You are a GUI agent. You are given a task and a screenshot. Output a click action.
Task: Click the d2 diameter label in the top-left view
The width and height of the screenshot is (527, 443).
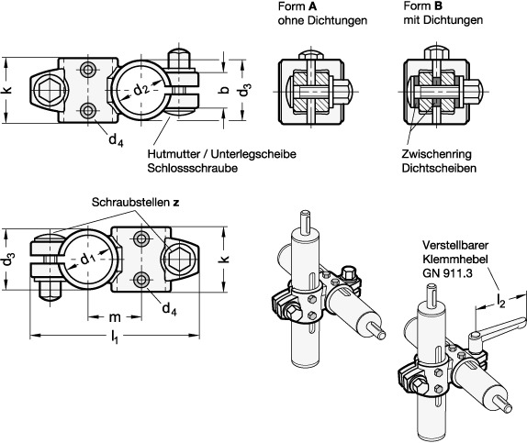[141, 91]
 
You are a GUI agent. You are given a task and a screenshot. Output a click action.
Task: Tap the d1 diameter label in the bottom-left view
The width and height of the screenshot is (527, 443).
[88, 259]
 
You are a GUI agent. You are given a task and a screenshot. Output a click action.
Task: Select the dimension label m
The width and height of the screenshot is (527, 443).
[115, 316]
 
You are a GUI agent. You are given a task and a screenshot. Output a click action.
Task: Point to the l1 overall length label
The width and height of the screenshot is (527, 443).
[115, 337]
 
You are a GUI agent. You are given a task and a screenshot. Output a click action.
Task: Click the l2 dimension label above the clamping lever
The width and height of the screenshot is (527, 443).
[501, 301]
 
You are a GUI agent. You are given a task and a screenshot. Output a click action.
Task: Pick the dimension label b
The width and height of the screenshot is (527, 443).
[225, 90]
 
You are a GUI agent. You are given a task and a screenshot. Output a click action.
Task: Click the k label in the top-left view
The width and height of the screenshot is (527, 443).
[6, 89]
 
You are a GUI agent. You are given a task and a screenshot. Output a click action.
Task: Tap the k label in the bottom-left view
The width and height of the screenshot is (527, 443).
[225, 259]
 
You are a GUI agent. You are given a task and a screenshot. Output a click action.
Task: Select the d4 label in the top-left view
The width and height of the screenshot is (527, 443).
[116, 139]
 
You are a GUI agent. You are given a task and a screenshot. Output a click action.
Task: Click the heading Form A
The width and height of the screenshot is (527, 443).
[297, 6]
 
